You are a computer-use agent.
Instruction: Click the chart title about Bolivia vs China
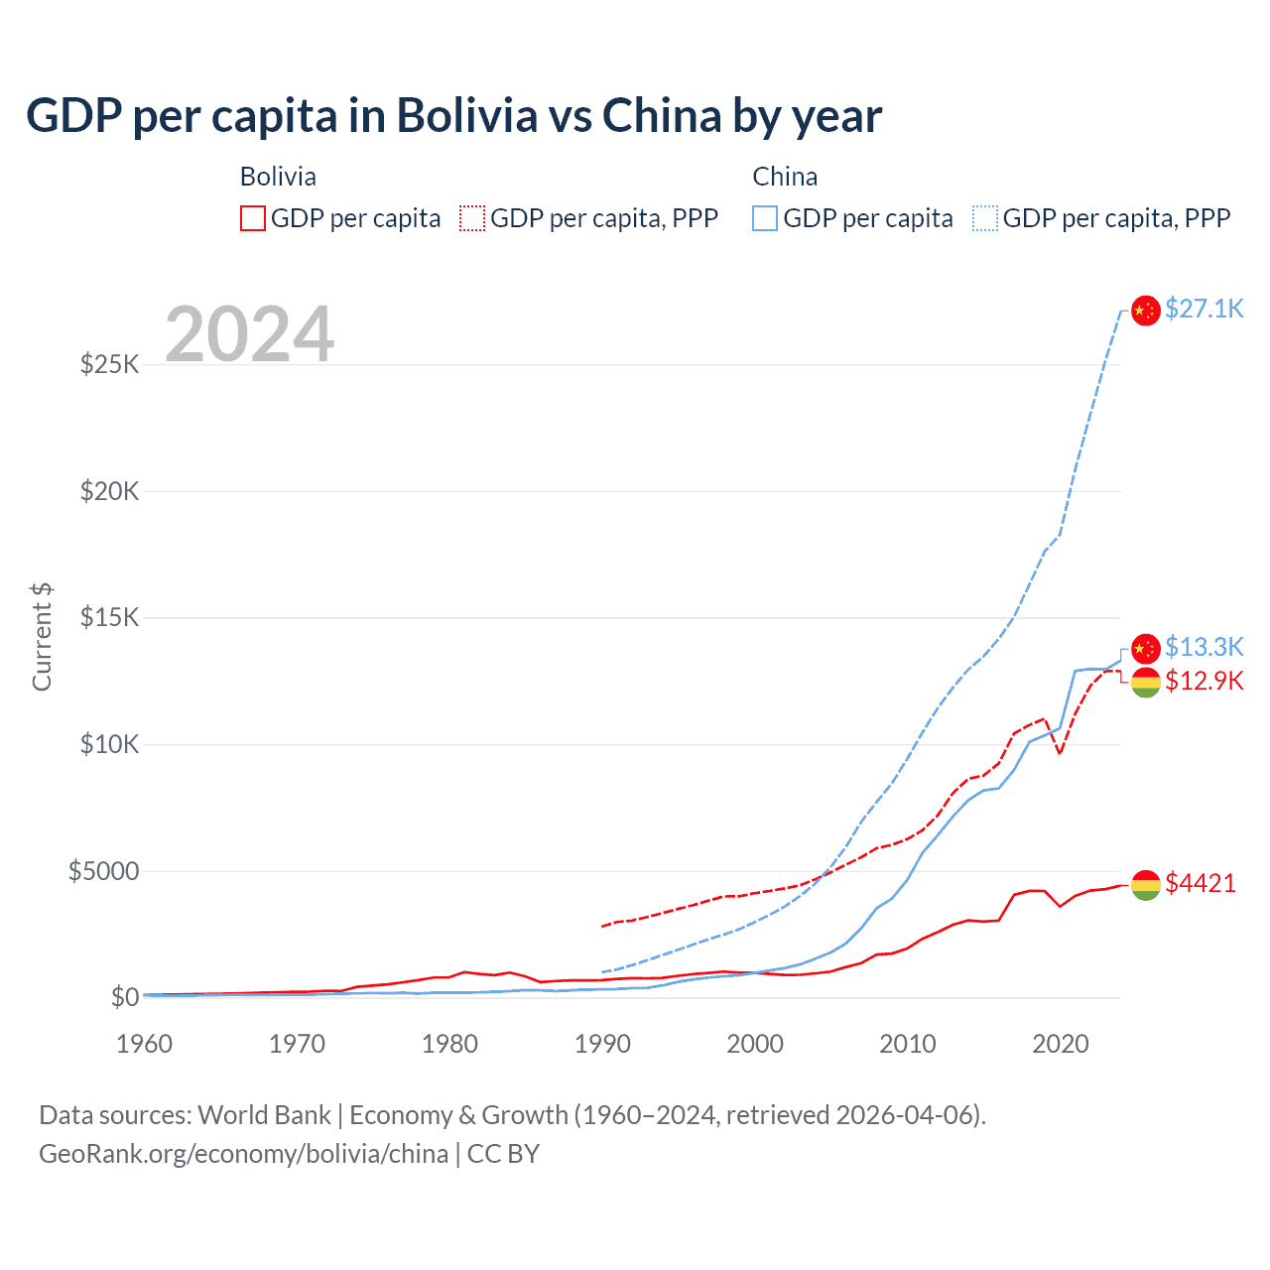point(453,116)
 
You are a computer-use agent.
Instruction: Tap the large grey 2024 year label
point(249,334)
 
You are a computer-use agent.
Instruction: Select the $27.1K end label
point(1204,309)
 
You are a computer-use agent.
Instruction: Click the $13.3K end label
point(1204,647)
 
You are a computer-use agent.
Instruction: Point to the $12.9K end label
point(1204,681)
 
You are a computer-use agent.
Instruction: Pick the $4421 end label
point(1201,883)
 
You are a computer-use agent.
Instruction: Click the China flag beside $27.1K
point(1146,311)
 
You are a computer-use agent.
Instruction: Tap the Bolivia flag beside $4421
point(1146,885)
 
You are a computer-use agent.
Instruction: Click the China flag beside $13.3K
point(1146,648)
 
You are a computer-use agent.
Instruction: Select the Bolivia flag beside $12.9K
point(1146,682)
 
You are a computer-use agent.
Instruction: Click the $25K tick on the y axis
point(110,364)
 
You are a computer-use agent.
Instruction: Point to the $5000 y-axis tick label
point(104,871)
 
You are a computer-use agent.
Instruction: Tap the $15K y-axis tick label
point(110,617)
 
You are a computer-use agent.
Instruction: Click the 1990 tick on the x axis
point(602,1044)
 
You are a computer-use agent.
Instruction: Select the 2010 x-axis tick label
point(908,1044)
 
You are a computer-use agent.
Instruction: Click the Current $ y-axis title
point(42,637)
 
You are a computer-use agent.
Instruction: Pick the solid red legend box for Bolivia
point(253,218)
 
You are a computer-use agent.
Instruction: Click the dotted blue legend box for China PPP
point(985,218)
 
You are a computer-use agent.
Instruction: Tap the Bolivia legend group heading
point(278,177)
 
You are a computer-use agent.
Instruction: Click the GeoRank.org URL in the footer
point(243,1154)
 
